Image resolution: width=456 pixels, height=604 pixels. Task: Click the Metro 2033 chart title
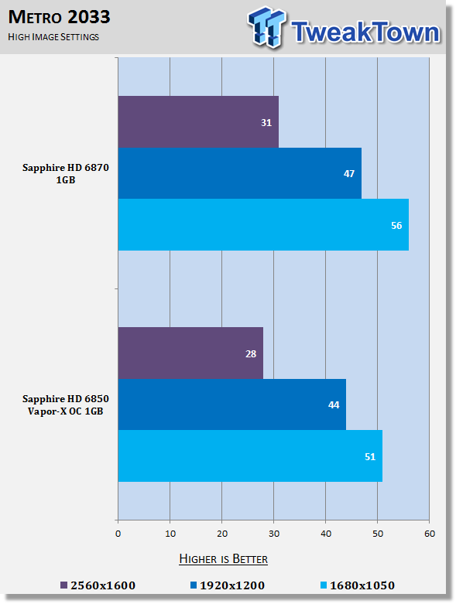[x=60, y=17]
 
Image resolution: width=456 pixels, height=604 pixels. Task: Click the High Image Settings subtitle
[x=53, y=37]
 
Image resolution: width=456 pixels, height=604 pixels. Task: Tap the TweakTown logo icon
[x=267, y=27]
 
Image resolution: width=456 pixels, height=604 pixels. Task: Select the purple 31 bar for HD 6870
[x=198, y=121]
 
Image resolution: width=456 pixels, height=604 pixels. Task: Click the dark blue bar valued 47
[x=240, y=173]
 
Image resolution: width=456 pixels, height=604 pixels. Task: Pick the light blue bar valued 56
[x=263, y=224]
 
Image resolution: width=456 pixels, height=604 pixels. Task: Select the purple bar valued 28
[x=190, y=353]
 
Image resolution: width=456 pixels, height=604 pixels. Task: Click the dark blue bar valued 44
[x=232, y=404]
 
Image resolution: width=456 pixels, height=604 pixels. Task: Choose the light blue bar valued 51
[x=250, y=456]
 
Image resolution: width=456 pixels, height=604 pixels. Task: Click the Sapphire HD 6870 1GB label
[x=66, y=174]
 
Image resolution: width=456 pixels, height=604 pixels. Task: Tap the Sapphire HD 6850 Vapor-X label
[x=66, y=404]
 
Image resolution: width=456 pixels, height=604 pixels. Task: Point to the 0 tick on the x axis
[x=118, y=534]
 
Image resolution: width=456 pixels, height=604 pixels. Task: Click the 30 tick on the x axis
[x=273, y=534]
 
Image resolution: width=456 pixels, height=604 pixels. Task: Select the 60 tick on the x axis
[x=430, y=534]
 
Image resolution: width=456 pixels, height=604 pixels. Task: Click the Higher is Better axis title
[x=224, y=559]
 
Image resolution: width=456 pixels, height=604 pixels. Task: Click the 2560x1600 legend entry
[x=98, y=585]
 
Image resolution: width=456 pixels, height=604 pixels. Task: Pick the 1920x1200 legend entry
[x=228, y=585]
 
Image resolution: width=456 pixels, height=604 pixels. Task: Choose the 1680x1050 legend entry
[x=358, y=585]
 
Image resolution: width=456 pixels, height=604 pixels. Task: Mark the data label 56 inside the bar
[x=396, y=225]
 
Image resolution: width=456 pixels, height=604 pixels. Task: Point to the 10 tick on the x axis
[x=170, y=534]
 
